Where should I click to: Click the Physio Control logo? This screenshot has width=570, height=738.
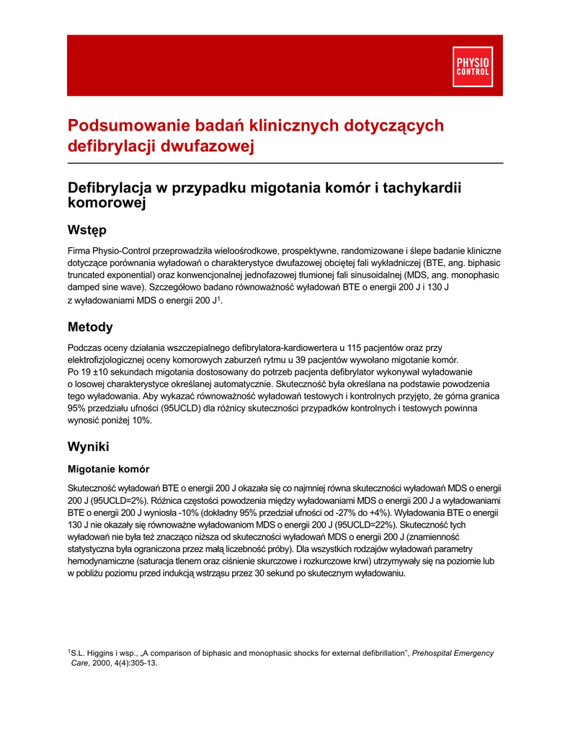pos(472,66)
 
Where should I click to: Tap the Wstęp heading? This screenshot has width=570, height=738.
pos(86,231)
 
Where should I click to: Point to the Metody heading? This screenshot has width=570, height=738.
pos(90,327)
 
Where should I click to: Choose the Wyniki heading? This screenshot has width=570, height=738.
pos(88,446)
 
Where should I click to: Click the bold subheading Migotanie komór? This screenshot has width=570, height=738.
pos(108,469)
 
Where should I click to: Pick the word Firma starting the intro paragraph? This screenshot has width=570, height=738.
pos(79,250)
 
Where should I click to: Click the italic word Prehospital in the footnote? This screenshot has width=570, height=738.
pos(435,653)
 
